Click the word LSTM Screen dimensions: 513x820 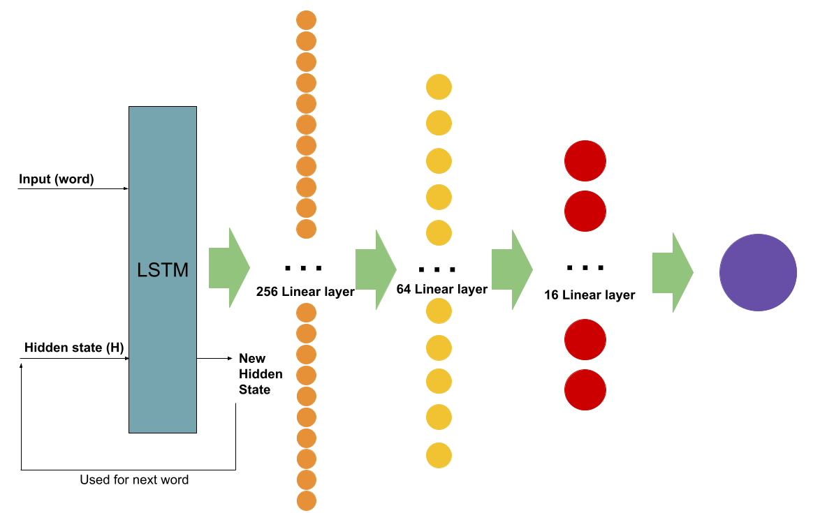tap(163, 270)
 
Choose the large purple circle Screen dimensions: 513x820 tap(758, 272)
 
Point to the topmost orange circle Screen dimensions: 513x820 tap(306, 20)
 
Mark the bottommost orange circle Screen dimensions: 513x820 tap(306, 500)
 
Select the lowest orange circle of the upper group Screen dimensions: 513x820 tap(306, 229)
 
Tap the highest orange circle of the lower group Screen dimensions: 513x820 tap(306, 313)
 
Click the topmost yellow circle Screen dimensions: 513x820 tap(439, 87)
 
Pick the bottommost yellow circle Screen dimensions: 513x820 tap(439, 455)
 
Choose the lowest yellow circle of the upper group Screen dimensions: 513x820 tap(439, 232)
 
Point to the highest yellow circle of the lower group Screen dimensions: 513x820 tap(439, 311)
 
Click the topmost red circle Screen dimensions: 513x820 tap(585, 161)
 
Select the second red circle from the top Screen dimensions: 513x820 tap(585, 211)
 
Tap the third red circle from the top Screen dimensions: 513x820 tap(585, 339)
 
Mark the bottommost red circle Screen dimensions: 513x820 tap(585, 389)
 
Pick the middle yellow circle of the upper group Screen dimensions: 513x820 tap(439, 161)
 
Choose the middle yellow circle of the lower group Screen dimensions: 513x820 tap(439, 381)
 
